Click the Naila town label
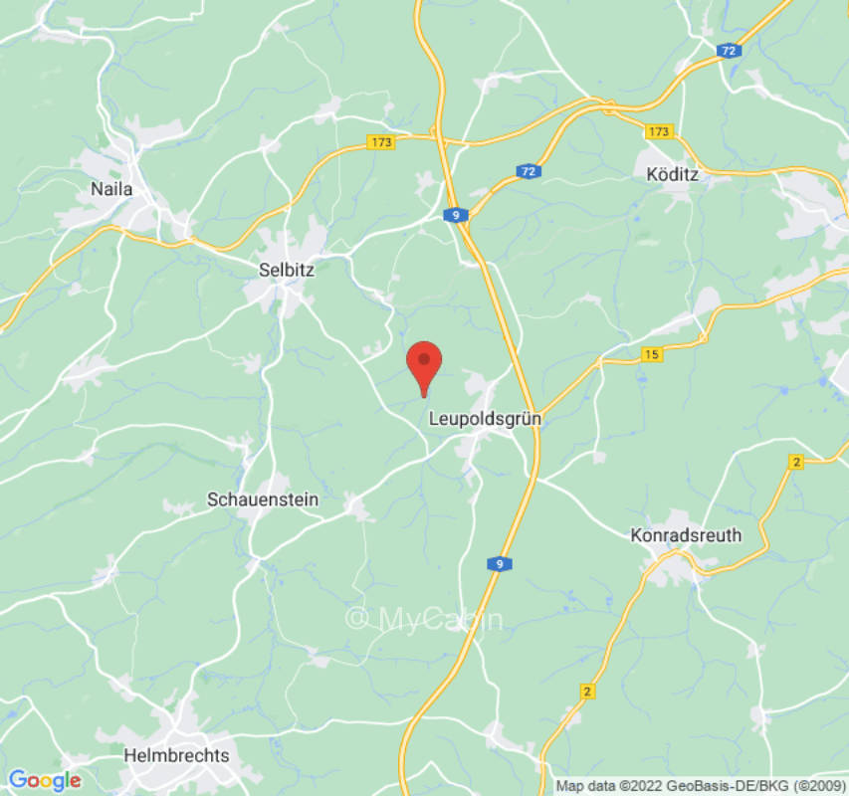coord(111,189)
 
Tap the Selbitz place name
coord(286,269)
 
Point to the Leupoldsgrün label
coord(485,419)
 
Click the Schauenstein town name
coord(263,499)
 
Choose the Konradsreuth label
coord(686,535)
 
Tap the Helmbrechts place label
coord(176,755)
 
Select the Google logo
coord(44,780)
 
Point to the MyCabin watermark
coord(425,619)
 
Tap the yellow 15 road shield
coord(652,354)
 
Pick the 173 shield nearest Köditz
coord(659,131)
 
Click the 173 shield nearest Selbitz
coord(380,142)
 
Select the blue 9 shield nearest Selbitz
coord(456,215)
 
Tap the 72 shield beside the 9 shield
coord(528,172)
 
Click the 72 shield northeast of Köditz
coord(730,50)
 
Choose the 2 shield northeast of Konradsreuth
coord(794,462)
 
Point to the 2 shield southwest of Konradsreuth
coord(587,691)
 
